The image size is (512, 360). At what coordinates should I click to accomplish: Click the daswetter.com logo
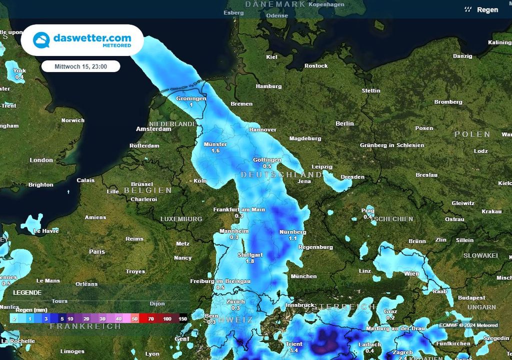coord(82,40)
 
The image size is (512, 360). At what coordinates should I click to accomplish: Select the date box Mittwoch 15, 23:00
coord(80,66)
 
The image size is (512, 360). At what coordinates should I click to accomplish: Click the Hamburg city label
coord(268,86)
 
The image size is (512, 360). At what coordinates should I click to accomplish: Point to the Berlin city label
coord(344,123)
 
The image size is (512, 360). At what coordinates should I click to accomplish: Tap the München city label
coord(303,276)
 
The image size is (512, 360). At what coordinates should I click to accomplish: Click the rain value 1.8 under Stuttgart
coord(250,261)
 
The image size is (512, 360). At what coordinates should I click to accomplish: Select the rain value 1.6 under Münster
coord(215,150)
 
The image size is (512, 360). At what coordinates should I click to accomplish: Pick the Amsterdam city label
coord(153,129)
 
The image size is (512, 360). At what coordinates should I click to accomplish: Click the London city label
coord(41,160)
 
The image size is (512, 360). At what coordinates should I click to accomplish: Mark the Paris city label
coord(97,251)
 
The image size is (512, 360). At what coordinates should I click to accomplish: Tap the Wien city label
coord(411,273)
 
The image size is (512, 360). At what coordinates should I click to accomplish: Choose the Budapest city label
coord(471,298)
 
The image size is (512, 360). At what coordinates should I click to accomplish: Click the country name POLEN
coord(472,134)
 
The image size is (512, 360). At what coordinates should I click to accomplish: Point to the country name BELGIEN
coord(147,190)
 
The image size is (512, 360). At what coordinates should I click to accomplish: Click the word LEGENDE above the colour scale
coord(27,292)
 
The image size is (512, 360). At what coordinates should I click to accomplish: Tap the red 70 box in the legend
coord(150,318)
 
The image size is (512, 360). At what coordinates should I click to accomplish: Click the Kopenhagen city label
coord(327,4)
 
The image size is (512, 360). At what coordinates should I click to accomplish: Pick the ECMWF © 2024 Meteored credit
coord(468,325)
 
